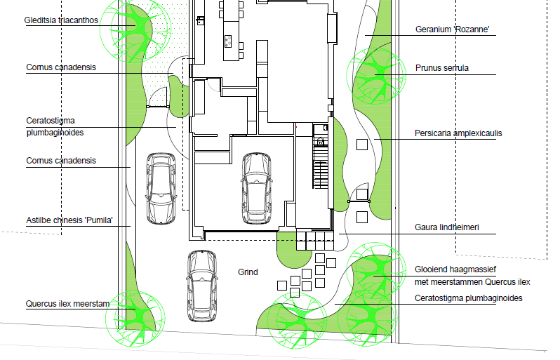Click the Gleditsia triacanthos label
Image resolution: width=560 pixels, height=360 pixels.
click(62, 20)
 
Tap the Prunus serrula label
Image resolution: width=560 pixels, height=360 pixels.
click(441, 68)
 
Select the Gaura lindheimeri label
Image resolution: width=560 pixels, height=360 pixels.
click(446, 228)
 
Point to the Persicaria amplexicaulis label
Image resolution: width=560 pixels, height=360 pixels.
click(458, 133)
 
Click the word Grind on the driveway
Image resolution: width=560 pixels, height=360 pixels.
click(248, 272)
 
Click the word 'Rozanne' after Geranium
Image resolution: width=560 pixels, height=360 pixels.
click(471, 29)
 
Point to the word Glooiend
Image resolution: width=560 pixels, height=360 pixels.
click(432, 270)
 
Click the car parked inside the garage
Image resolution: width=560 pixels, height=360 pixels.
click(256, 187)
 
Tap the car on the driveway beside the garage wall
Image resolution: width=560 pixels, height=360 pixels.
click(160, 187)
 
